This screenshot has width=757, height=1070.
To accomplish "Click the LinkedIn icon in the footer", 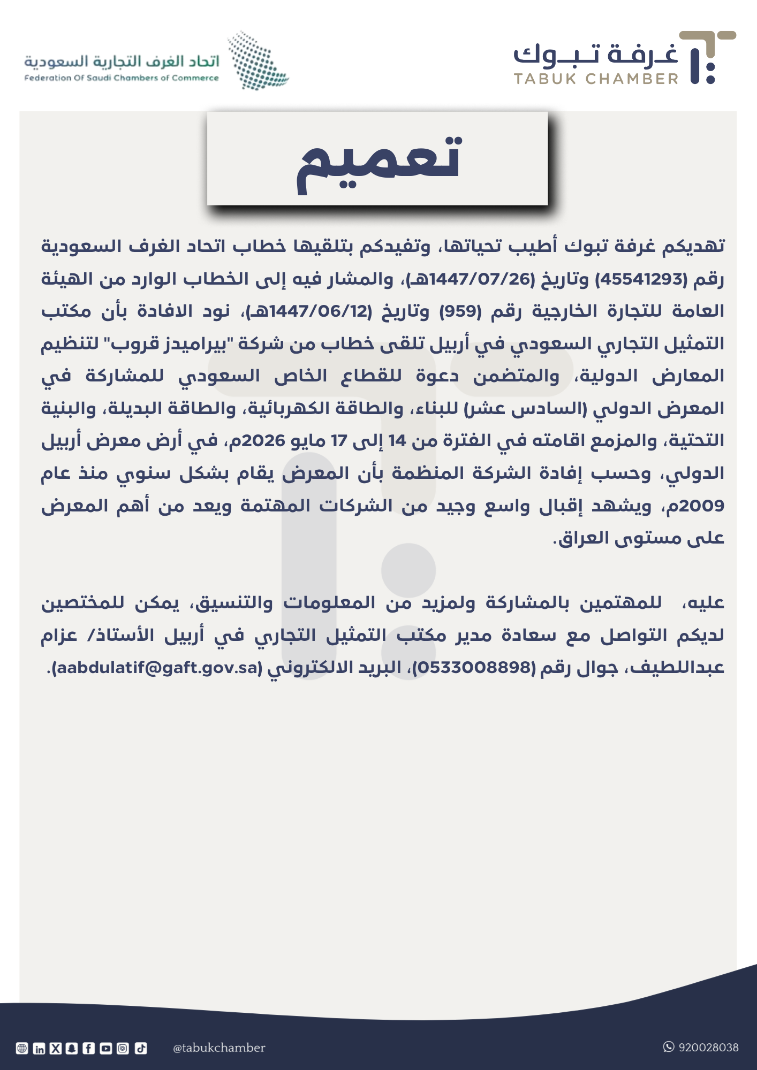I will point(39,1049).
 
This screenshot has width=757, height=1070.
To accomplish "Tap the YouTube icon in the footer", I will point(106,1049).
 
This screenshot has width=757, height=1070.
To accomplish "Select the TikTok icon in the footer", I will point(140,1049).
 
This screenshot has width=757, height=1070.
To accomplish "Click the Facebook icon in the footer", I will point(89,1049).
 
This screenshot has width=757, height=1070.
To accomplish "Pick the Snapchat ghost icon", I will point(72,1049).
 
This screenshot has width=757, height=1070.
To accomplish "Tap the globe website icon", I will point(22,1049).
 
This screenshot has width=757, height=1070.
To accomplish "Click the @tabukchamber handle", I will point(219,1048).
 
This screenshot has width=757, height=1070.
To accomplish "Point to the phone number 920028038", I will point(708,1048).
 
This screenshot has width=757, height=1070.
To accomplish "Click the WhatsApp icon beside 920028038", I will point(669,1047).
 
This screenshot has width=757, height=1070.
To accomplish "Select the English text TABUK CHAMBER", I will point(596,79).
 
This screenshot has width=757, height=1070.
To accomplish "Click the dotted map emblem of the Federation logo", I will point(258,60).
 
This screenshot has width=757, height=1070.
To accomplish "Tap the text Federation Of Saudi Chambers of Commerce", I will point(122,78).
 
